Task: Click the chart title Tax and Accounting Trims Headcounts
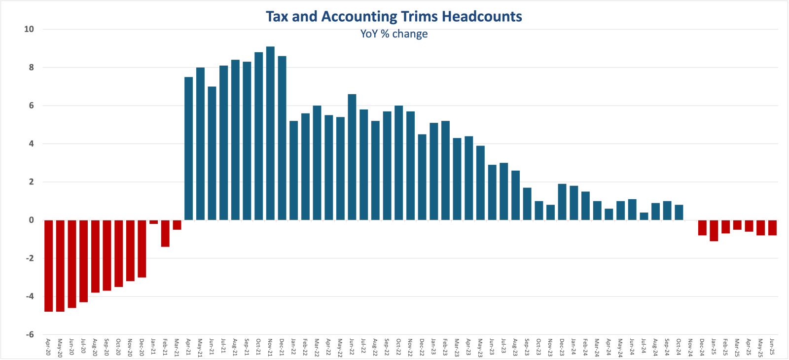point(394,16)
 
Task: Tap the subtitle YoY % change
point(394,34)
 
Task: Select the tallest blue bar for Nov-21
point(270,133)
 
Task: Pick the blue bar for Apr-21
point(188,148)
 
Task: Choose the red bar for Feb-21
point(165,233)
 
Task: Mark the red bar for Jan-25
point(714,230)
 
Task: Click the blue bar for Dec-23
point(562,202)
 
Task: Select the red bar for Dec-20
point(142,249)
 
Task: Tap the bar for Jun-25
point(772,227)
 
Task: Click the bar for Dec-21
point(282,138)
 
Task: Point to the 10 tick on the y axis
point(29,29)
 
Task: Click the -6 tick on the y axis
point(29,334)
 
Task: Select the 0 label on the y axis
point(31,220)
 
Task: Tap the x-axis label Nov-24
point(690,347)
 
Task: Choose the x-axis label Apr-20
point(48,347)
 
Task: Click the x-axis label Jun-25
point(772,347)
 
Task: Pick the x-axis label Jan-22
point(293,347)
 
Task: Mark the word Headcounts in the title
point(482,16)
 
